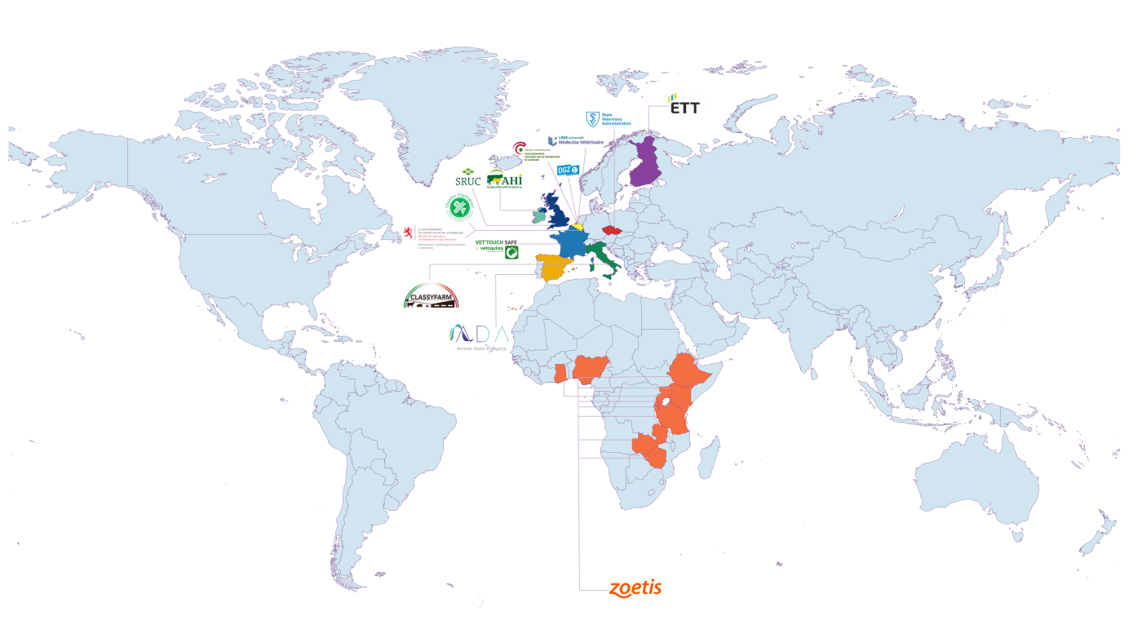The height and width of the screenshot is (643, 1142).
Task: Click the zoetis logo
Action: [635, 588]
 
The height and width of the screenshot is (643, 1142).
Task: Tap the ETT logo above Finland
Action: [684, 105]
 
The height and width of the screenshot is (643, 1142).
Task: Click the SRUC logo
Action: [467, 177]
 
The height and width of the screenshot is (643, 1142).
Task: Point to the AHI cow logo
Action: [504, 180]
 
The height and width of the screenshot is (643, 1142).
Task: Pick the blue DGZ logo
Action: [568, 170]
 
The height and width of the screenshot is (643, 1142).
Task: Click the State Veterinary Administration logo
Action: [609, 119]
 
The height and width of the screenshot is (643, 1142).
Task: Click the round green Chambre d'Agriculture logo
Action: [459, 208]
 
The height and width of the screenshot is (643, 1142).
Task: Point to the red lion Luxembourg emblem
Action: [408, 232]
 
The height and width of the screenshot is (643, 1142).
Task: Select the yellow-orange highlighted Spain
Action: [552, 268]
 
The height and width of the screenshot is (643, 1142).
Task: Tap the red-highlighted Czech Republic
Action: [613, 230]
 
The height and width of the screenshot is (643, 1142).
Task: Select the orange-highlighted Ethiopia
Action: [691, 373]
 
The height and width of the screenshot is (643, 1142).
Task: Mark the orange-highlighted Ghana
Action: [560, 374]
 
